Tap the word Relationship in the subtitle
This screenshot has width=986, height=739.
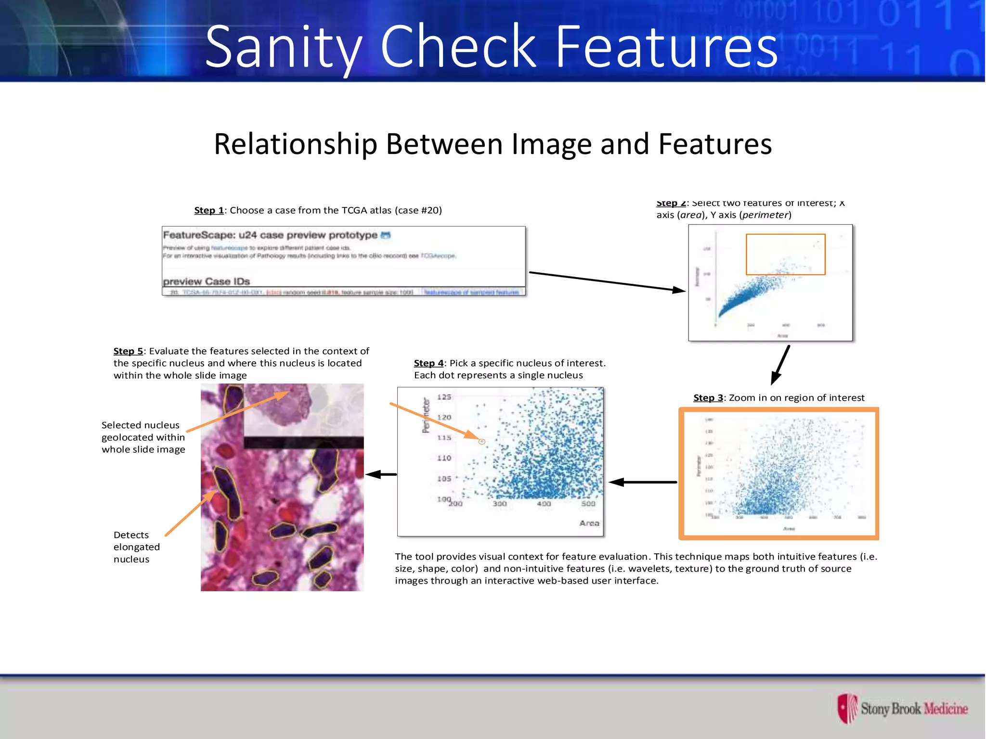click(x=296, y=144)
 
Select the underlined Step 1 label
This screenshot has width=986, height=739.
click(x=209, y=210)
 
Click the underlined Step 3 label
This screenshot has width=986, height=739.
click(x=708, y=398)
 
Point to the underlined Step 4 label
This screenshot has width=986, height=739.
click(x=428, y=363)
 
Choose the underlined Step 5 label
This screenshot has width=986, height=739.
click(x=128, y=351)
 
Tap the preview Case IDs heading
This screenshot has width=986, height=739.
click(x=206, y=281)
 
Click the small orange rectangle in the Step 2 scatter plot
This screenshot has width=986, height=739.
click(x=785, y=255)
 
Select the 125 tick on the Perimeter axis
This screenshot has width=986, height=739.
click(x=444, y=397)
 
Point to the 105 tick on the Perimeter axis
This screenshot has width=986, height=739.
click(x=444, y=479)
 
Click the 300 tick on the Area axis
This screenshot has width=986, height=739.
click(x=499, y=504)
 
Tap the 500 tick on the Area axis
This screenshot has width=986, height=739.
click(x=588, y=504)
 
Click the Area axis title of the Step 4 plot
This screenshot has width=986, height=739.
click(x=589, y=523)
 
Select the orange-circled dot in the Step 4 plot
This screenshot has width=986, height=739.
click(x=481, y=441)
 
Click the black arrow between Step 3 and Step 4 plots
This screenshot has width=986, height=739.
click(x=643, y=482)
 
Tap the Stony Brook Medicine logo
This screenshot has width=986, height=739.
click(x=902, y=709)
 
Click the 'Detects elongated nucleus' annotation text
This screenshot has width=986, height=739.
click(x=136, y=547)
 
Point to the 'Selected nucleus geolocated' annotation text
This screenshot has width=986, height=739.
click(x=143, y=437)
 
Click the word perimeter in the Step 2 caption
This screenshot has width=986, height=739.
click(x=765, y=215)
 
